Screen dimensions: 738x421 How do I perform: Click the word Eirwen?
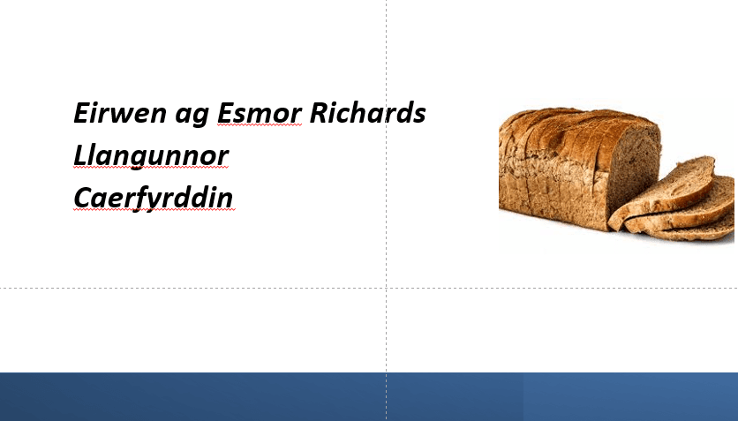(120, 113)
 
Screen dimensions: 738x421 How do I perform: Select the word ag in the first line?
(192, 117)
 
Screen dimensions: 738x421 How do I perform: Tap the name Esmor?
(260, 113)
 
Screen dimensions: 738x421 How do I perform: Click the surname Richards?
(367, 112)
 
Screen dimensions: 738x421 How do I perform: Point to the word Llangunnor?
(151, 156)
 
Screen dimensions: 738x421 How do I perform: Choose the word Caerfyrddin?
(154, 198)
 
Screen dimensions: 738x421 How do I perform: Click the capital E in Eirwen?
(81, 113)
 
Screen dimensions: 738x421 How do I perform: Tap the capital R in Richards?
(319, 113)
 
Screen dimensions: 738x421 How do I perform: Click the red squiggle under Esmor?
(260, 125)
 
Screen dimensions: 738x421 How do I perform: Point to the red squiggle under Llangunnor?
(151, 168)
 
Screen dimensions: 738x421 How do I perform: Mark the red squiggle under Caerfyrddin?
(154, 210)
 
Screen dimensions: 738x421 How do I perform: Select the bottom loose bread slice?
(692, 230)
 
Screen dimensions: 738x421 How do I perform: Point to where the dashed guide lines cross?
(387, 288)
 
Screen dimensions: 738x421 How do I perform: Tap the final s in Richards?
(419, 116)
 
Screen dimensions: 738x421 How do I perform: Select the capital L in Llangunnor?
(80, 155)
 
